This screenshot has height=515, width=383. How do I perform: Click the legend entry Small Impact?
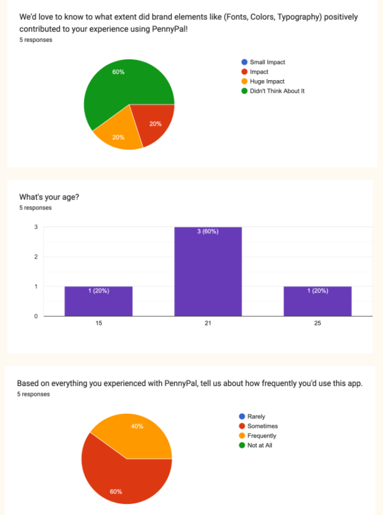(267, 62)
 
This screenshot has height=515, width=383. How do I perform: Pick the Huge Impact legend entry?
(267, 82)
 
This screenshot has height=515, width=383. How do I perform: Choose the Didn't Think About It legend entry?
(277, 91)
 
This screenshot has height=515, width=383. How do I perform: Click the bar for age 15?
(98, 301)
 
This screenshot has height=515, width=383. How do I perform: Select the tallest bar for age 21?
(208, 272)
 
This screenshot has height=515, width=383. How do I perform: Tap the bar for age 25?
(318, 301)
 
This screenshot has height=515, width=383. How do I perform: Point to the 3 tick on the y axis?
(36, 227)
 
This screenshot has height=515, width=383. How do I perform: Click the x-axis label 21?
(208, 324)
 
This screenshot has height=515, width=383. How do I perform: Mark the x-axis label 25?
(318, 324)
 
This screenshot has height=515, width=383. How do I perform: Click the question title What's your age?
(49, 197)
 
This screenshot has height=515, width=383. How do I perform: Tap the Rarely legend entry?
(256, 417)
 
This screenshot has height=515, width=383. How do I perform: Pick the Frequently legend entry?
(261, 436)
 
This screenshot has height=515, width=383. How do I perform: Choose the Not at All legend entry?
(259, 445)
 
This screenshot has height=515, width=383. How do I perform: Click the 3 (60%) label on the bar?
(208, 232)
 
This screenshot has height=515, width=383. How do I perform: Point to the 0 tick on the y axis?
(36, 316)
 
